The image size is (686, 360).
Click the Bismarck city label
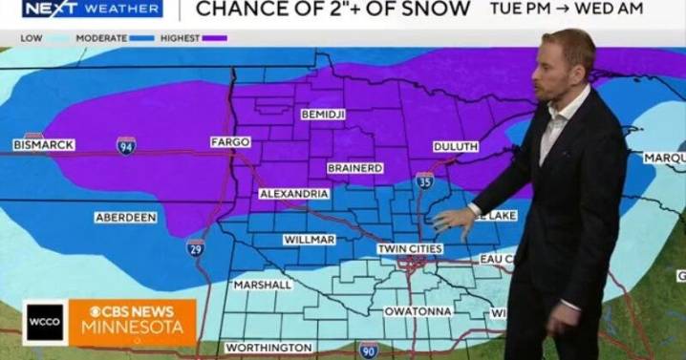pos(44,144)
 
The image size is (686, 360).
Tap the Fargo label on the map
pos(229,142)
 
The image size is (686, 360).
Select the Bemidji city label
pos(322,115)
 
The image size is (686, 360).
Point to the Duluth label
pos(455,146)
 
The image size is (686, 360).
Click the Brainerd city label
pos(354,168)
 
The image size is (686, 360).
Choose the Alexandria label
pos(294,194)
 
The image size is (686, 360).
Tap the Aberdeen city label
pos(125,218)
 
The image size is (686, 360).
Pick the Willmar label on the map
pos(309,240)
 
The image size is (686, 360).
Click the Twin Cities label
pos(409,249)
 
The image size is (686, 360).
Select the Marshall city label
pos(262,285)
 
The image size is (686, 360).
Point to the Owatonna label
pos(417,311)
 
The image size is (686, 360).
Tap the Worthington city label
pos(268,348)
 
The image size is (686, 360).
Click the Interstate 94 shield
pos(126,146)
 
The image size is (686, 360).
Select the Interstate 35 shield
pos(424,180)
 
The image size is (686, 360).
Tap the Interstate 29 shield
pos(195,248)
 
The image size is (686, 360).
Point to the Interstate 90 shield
pos(369,350)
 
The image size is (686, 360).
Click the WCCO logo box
pos(45,323)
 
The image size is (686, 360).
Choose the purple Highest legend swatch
pos(214,38)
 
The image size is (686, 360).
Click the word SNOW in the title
pos(436,10)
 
